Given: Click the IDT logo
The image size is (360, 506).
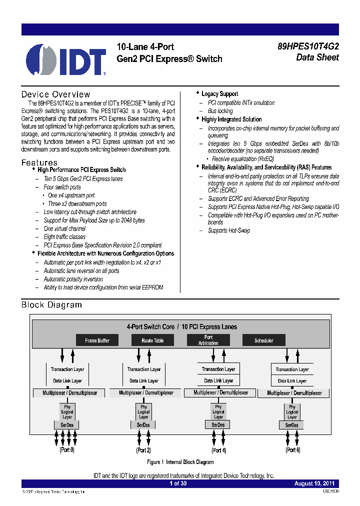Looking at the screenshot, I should (x=66, y=59).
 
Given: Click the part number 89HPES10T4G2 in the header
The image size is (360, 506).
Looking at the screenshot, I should (x=308, y=46).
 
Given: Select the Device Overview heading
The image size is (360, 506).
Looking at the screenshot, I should (x=55, y=94).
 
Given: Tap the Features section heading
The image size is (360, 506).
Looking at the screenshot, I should (x=39, y=162).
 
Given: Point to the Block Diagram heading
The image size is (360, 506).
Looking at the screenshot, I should (x=51, y=305).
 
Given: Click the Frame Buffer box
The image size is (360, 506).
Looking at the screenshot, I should (x=97, y=340).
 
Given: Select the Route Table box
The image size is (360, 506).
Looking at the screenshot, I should (x=152, y=340).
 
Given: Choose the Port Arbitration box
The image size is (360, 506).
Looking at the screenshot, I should (x=208, y=340).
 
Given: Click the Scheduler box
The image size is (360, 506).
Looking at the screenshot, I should (x=263, y=340).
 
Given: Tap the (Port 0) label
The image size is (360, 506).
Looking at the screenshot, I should (x=67, y=450).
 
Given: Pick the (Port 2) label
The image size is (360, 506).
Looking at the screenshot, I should (x=143, y=450).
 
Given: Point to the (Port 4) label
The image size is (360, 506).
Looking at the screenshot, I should (x=218, y=450).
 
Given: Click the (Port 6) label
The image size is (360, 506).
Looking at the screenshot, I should (x=292, y=450).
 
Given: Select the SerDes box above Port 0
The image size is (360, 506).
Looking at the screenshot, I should (x=67, y=425).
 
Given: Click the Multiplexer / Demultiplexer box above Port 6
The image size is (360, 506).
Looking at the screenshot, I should (x=294, y=393).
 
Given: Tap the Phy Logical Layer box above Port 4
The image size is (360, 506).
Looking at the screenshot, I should (x=218, y=412).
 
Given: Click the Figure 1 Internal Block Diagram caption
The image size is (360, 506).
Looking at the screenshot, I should (x=180, y=462).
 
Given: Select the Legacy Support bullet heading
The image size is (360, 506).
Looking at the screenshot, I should (x=219, y=94).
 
